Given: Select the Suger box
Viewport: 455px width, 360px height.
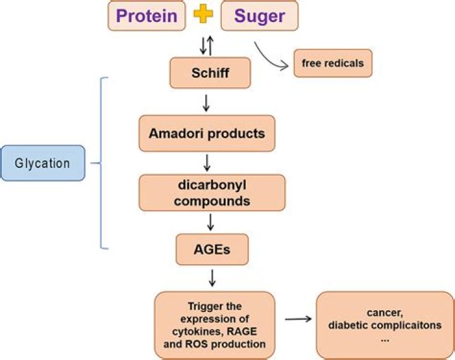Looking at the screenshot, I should click(x=259, y=16).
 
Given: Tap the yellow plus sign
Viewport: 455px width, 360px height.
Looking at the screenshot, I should click(x=203, y=15).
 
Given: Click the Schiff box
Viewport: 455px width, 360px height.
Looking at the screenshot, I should click(x=210, y=74).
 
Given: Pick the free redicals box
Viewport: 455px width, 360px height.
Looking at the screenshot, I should click(x=333, y=63).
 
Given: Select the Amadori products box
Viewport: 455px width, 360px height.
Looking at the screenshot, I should click(x=207, y=133).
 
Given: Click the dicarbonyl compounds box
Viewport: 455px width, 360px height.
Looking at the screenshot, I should click(x=212, y=193).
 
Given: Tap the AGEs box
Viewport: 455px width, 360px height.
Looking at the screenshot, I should click(x=211, y=249).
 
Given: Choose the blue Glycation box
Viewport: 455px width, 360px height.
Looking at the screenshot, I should click(x=43, y=163).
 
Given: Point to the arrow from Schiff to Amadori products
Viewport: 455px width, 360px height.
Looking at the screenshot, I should click(x=206, y=102).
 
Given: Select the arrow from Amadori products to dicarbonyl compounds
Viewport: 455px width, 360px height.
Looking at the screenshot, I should click(x=207, y=162).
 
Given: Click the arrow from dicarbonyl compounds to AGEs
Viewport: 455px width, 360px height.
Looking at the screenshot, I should click(x=211, y=222).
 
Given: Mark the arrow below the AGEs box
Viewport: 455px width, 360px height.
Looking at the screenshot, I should click(x=212, y=277).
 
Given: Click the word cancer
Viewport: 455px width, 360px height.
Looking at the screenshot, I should click(x=385, y=312).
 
